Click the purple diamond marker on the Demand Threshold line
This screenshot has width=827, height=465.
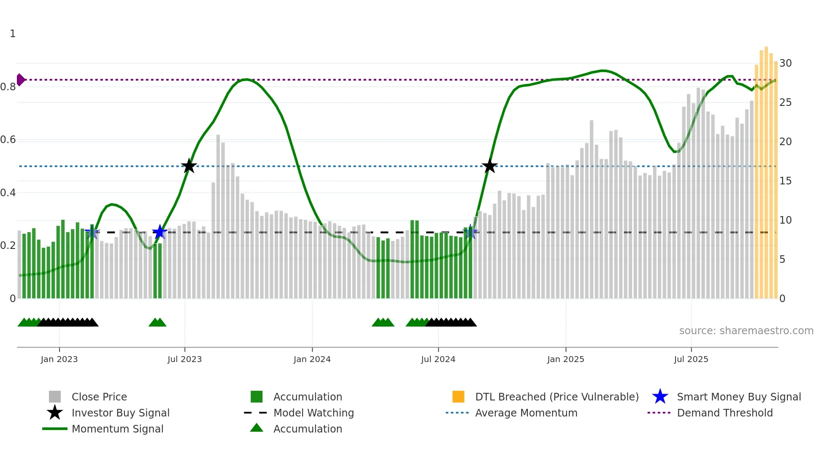(20, 80)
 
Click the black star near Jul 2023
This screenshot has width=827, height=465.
(189, 166)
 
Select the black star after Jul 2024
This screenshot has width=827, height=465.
(489, 166)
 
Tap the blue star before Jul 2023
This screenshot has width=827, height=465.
(159, 232)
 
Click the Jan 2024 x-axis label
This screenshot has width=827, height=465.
(312, 359)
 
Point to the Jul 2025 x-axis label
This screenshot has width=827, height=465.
(691, 359)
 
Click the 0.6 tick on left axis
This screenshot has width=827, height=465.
(8, 140)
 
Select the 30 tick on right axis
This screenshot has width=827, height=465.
(785, 63)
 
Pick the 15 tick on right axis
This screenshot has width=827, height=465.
(785, 181)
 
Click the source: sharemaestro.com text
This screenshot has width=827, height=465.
(746, 331)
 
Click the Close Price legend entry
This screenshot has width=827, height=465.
(99, 397)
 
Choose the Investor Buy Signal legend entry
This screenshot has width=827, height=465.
(120, 413)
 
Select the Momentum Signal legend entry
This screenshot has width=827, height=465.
(117, 429)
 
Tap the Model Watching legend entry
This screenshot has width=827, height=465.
(314, 413)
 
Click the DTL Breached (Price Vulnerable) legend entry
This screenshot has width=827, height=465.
(557, 397)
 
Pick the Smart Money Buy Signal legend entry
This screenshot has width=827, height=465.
(738, 397)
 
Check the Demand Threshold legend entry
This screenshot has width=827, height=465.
(724, 413)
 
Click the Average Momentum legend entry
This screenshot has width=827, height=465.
(526, 413)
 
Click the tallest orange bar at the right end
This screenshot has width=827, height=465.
(766, 169)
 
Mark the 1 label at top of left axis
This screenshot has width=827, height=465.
(13, 34)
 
